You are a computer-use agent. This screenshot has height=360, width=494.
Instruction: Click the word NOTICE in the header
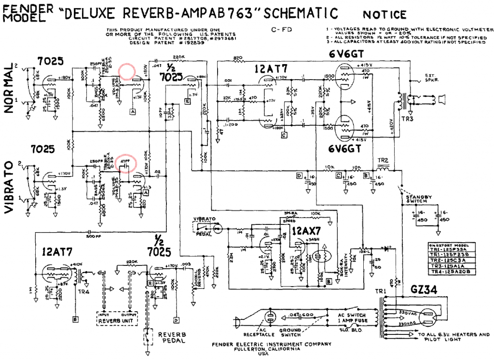pos(384,15)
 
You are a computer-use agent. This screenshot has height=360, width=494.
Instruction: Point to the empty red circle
pos(127,71)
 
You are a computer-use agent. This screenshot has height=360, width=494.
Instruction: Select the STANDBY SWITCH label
pos(417,199)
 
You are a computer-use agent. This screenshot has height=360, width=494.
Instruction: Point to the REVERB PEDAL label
pos(171,338)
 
